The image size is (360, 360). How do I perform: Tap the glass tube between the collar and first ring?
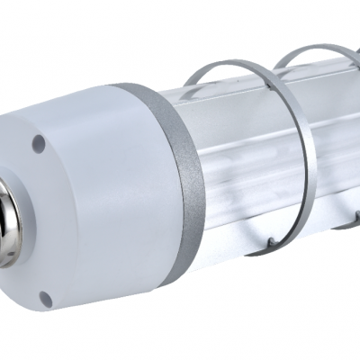click(x=234, y=153)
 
